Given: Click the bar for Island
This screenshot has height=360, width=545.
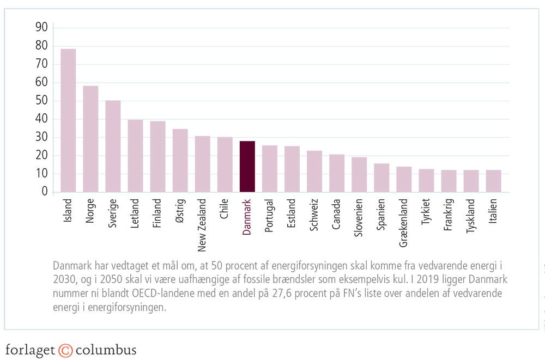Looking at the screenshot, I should (68, 120).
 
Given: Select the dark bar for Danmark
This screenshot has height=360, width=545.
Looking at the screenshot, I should (247, 167).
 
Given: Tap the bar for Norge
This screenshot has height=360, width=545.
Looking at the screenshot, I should (90, 139).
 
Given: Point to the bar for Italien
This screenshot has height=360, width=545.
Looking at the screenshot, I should (493, 181).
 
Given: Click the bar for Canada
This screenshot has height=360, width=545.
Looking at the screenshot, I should (337, 173).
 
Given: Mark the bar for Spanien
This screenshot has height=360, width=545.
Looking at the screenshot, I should (381, 178).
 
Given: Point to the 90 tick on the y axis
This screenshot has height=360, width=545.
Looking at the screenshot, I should (41, 28).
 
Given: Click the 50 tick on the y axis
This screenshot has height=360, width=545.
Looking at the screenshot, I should (41, 101).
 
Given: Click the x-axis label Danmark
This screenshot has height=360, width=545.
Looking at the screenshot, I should (247, 217).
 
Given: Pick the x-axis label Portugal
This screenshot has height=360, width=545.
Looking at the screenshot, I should (269, 216).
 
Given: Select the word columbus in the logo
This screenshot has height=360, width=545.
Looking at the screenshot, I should (106, 349).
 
